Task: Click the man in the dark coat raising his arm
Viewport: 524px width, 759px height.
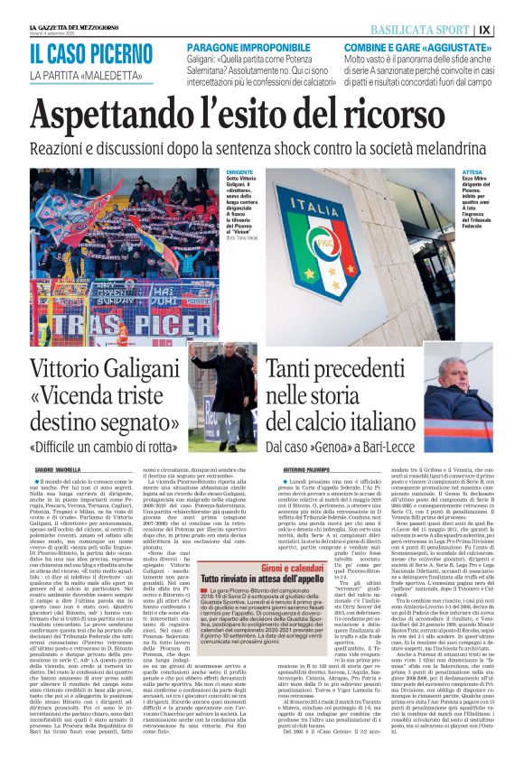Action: (214, 393)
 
